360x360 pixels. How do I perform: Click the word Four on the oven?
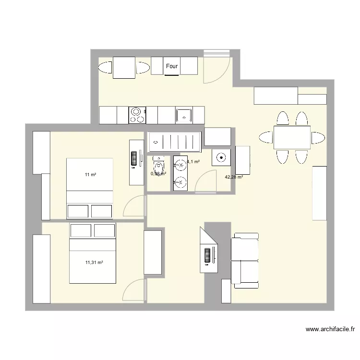click(172, 67)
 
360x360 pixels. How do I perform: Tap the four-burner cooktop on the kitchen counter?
click(137, 115)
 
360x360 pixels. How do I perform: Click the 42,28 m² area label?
click(234, 177)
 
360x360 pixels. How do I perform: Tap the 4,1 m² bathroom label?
click(193, 162)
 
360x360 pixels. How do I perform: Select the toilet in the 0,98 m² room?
click(159, 163)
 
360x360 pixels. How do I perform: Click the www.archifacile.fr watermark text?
click(330, 330)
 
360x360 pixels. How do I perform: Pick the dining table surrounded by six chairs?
click(292, 138)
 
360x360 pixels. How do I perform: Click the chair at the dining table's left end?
click(266, 138)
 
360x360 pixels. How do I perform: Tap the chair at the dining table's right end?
click(317, 138)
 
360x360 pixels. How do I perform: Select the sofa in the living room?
click(245, 261)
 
